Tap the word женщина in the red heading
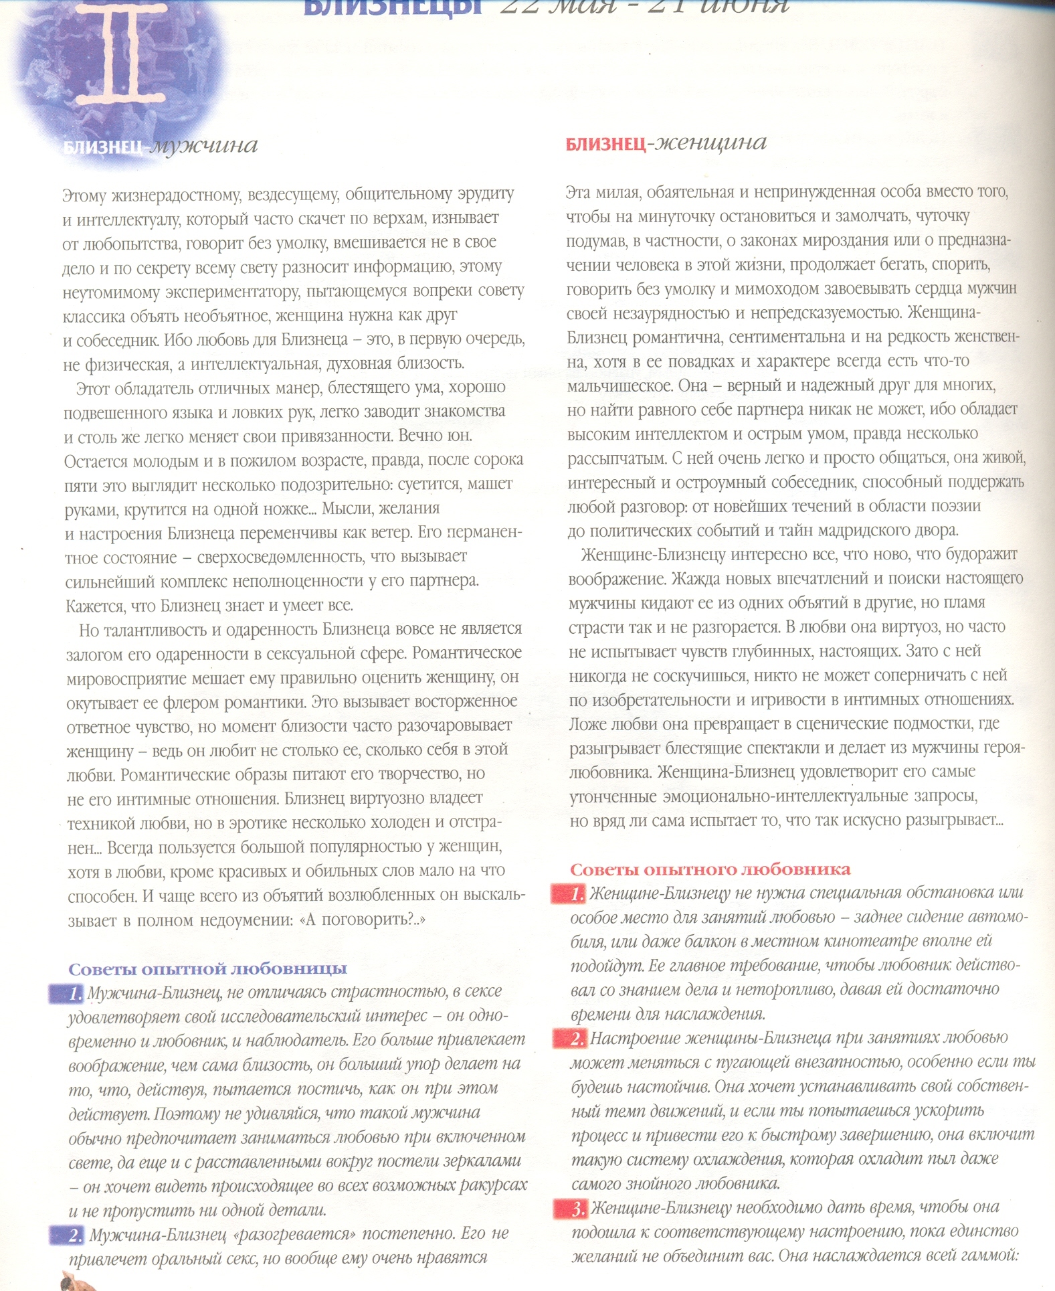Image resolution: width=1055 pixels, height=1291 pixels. click(x=710, y=143)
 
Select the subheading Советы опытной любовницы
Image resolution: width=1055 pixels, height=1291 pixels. click(x=207, y=968)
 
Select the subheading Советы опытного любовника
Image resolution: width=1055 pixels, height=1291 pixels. click(x=710, y=869)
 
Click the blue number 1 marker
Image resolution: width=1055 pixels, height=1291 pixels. click(x=68, y=993)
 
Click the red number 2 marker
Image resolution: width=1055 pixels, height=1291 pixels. click(x=571, y=1039)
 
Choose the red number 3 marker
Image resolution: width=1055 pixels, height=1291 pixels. click(x=571, y=1209)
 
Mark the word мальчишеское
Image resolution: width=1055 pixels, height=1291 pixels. click(x=619, y=386)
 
